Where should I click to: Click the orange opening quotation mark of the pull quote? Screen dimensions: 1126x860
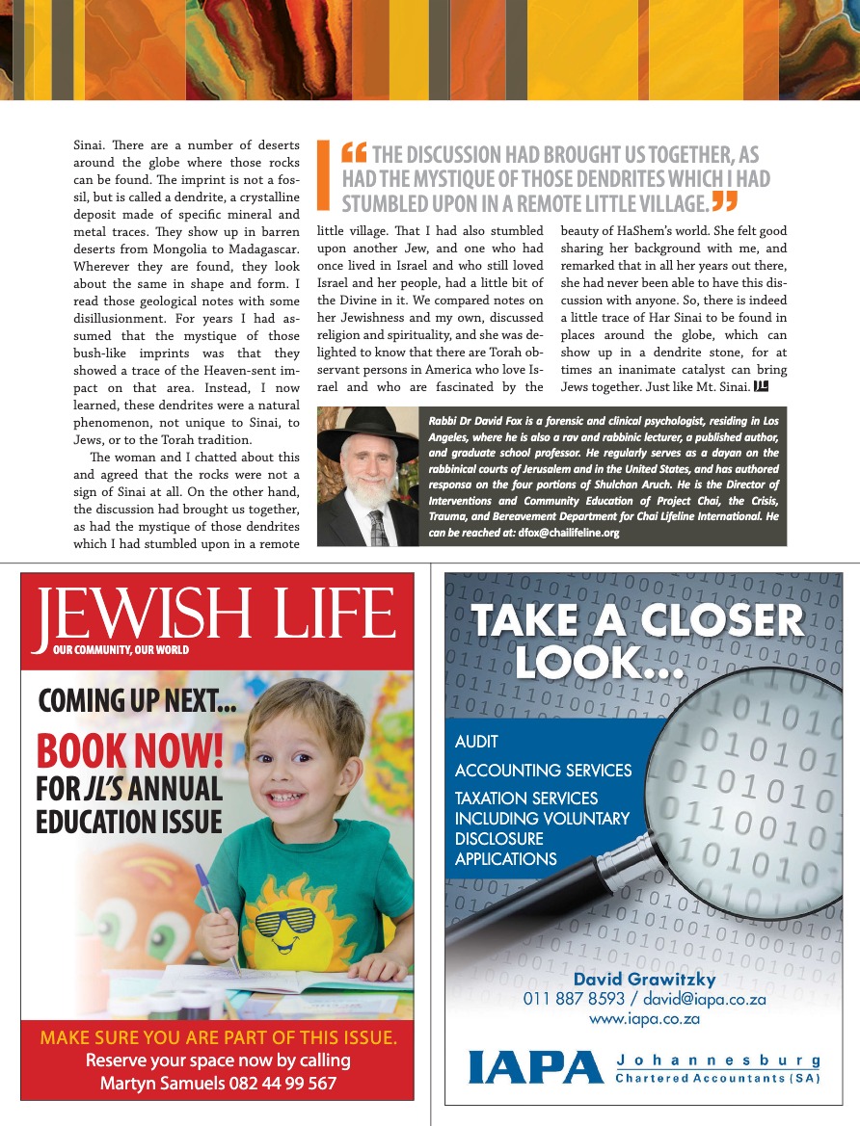click(x=354, y=153)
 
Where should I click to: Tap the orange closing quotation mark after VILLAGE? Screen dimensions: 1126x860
click(x=724, y=201)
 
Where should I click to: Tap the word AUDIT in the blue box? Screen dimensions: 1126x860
click(x=476, y=743)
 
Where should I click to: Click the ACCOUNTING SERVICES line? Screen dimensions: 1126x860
click(x=543, y=771)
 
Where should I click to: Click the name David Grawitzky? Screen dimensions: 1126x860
click(x=644, y=980)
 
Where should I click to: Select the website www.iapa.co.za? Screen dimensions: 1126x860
click(x=644, y=1019)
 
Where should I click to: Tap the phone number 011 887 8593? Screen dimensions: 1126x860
click(x=574, y=999)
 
